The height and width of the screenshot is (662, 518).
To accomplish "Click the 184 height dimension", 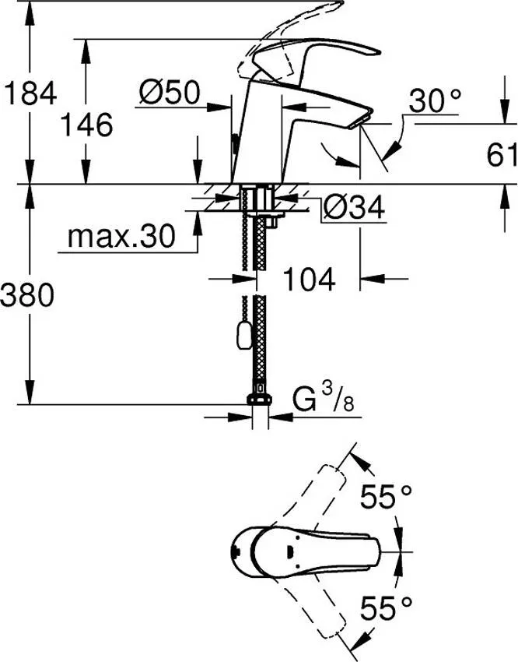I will tap(30, 94).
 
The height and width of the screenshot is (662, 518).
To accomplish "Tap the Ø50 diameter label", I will tap(169, 94).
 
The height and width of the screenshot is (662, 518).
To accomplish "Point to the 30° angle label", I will tap(436, 100).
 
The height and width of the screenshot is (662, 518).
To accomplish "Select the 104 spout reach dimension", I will tap(310, 278).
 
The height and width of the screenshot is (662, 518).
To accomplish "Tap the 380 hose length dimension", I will tap(30, 294).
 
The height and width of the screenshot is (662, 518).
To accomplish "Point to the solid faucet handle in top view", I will tap(311, 551).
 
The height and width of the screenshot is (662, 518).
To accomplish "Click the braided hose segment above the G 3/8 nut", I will tap(259, 350).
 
